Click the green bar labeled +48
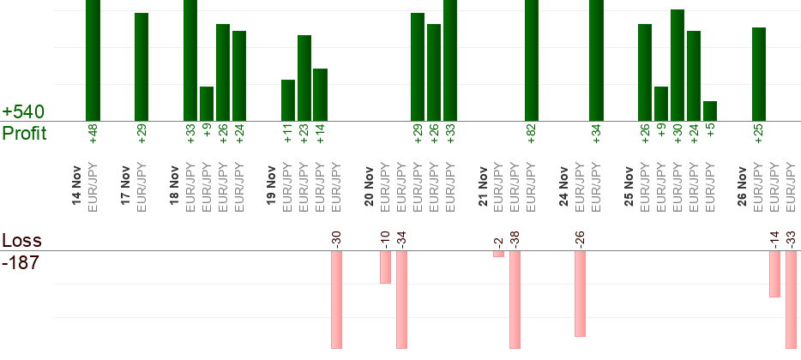pos(93,60)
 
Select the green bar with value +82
pos(531,60)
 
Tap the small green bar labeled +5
pos(709,111)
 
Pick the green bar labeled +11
pos(288,100)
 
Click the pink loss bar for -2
pos(498,254)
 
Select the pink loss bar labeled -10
pos(385,267)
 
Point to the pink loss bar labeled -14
pos(774,273)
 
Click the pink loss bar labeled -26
pos(580,293)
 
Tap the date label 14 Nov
pos(77,190)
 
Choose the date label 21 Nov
pos(483,190)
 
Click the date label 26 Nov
pos(743,190)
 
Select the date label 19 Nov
pos(272,190)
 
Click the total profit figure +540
pos(23,112)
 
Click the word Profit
pos(24,133)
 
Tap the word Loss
pos(19,241)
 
